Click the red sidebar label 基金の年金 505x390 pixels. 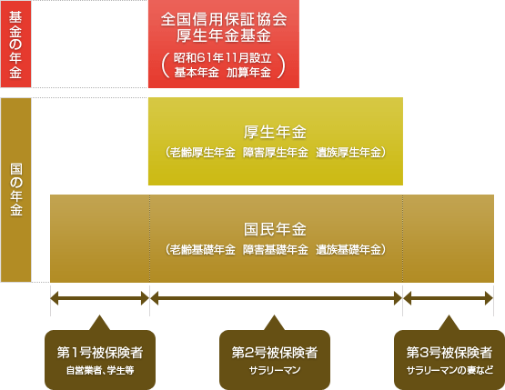click(x=15, y=45)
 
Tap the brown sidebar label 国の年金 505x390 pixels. click(x=16, y=189)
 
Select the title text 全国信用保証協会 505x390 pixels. click(x=224, y=19)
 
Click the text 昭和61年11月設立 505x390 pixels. click(x=223, y=58)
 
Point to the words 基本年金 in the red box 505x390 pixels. click(x=197, y=73)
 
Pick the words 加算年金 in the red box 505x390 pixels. click(x=248, y=73)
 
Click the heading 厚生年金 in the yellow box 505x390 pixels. click(x=275, y=132)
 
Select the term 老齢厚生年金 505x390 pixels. click(x=203, y=152)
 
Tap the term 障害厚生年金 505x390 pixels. click(x=276, y=152)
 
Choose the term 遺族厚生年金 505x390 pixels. click(x=348, y=152)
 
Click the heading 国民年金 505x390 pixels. click(x=275, y=229)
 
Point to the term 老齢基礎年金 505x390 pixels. click(x=203, y=249)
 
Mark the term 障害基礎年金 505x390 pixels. click(x=276, y=249)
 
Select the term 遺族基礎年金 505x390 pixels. click(x=348, y=249)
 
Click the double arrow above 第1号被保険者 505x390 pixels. click(x=100, y=298)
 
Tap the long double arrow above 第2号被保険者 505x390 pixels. click(x=276, y=298)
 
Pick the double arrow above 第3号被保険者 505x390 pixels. click(x=448, y=298)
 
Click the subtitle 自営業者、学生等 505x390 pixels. click(x=100, y=370)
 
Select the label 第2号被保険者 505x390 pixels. click(x=275, y=353)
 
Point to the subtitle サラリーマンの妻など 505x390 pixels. click(x=449, y=370)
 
